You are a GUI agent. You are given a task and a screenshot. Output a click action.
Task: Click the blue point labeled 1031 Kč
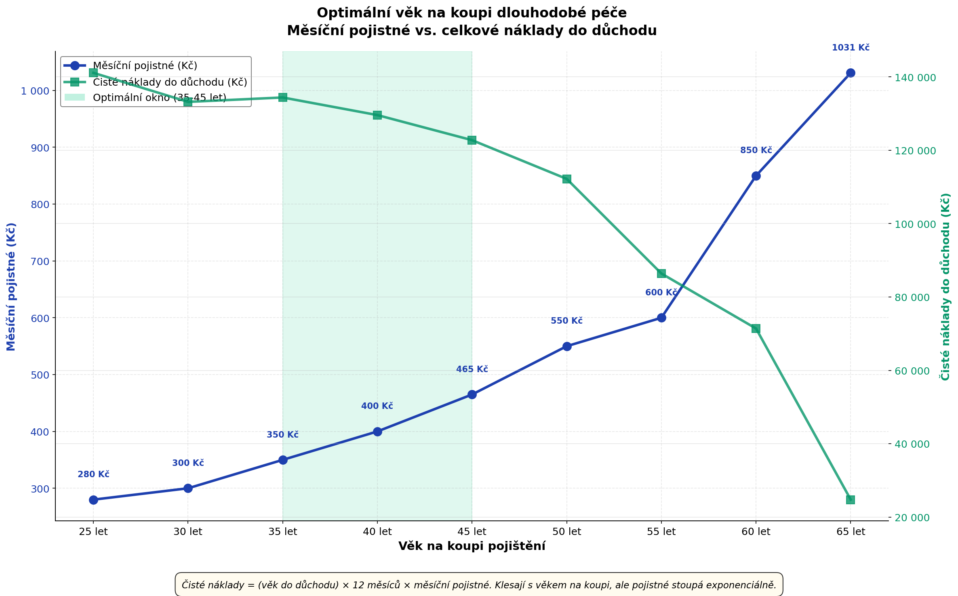[x=851, y=73]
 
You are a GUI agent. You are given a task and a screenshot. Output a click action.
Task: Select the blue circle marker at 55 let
[x=661, y=318]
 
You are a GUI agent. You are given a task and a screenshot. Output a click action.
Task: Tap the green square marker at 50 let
[x=567, y=179]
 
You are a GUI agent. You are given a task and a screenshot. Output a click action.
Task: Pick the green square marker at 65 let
[x=851, y=500]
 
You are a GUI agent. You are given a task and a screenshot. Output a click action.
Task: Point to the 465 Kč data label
[x=472, y=369]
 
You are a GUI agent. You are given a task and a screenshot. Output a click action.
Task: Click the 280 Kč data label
[x=93, y=474]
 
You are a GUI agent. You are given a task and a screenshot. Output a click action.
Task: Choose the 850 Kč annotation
[x=756, y=150]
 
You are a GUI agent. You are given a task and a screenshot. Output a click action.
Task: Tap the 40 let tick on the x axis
[x=377, y=532]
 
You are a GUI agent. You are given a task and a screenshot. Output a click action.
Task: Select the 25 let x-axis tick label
[x=93, y=532]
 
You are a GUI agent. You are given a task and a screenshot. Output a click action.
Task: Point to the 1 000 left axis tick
[x=34, y=91]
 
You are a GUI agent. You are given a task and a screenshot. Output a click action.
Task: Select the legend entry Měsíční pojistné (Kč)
[x=145, y=65]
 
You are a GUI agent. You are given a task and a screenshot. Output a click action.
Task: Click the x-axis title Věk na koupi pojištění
[x=472, y=546]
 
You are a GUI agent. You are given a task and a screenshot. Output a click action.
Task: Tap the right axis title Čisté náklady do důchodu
[x=945, y=287]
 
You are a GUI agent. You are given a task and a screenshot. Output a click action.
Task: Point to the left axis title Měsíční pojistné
[x=11, y=287]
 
